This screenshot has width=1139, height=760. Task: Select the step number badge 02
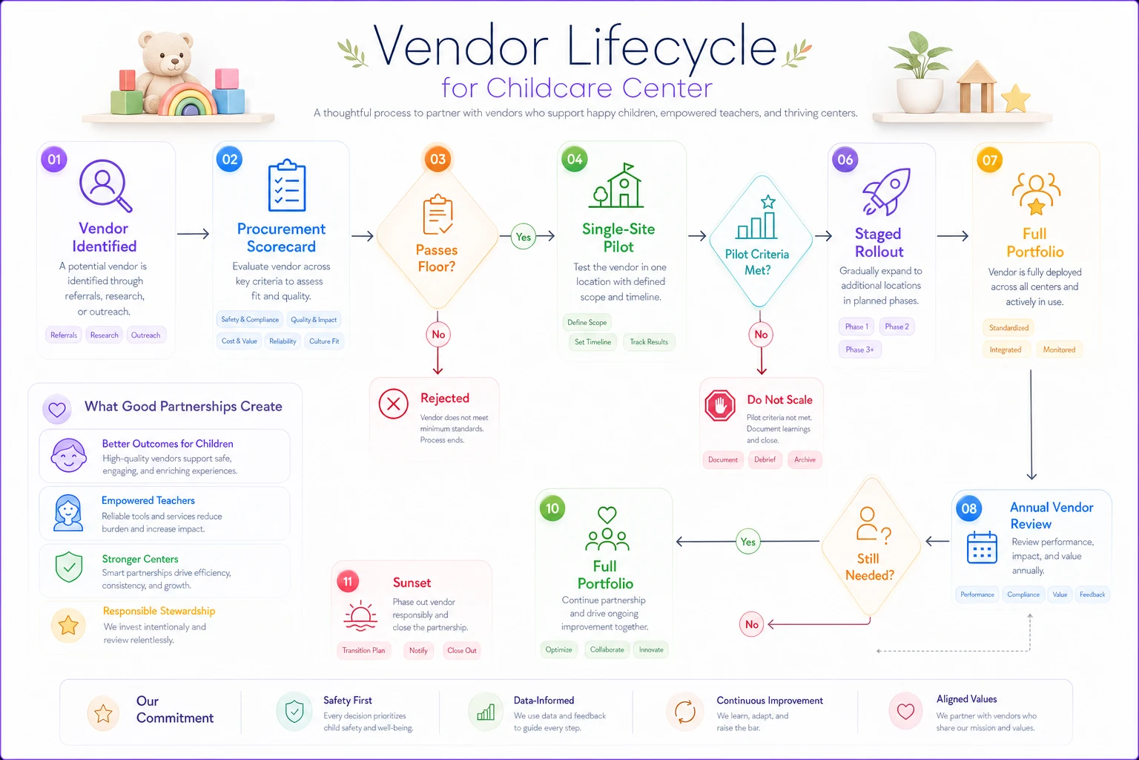229,160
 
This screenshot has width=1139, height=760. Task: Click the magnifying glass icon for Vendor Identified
105,186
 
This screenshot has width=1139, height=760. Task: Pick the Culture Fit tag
324,341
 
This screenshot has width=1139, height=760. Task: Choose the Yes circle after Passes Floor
524,237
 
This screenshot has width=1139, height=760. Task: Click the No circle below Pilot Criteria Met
761,335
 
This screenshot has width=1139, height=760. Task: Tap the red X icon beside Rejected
394,404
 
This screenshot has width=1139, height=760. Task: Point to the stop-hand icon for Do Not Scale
720,406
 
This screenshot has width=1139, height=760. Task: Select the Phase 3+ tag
859,350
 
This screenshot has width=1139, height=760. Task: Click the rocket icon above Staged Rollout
886,191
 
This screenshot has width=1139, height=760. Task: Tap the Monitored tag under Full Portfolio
1059,350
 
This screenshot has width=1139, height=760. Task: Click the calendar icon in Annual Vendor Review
981,547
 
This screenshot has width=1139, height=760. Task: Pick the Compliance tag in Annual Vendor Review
1023,594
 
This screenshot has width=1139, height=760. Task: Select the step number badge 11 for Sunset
348,581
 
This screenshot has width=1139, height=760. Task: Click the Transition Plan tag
363,651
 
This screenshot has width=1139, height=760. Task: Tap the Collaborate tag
607,649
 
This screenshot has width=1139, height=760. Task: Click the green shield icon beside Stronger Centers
69,566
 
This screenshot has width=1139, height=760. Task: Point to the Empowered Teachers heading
148,500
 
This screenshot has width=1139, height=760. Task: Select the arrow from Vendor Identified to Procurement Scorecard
194,234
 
